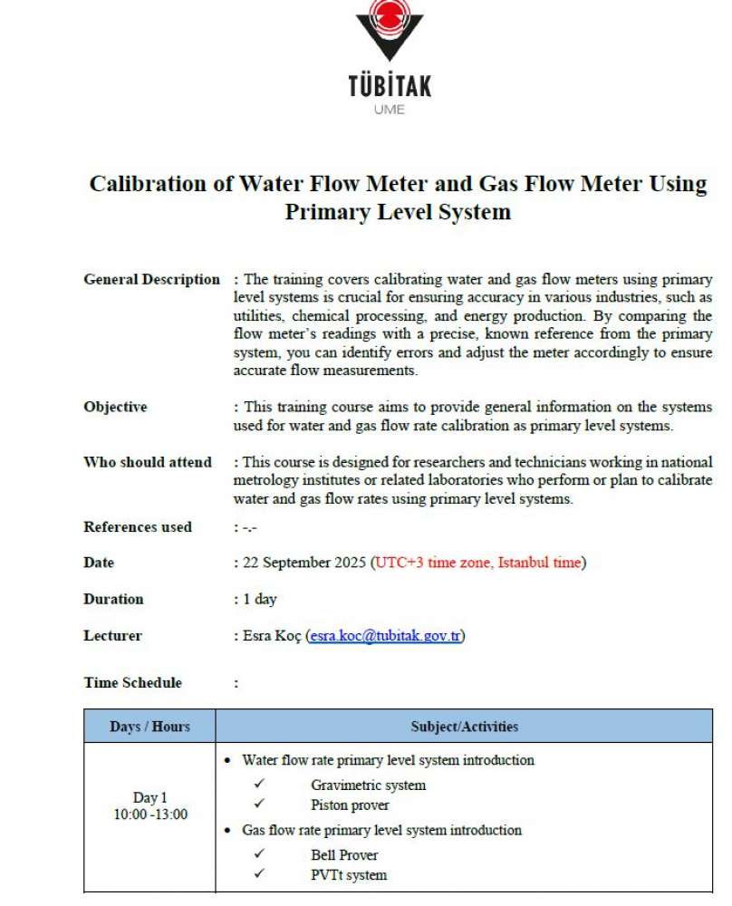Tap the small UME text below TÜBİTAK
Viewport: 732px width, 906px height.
click(390, 111)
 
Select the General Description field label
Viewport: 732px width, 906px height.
click(151, 280)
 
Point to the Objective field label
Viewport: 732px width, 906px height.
click(115, 408)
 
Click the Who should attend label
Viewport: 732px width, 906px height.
click(148, 462)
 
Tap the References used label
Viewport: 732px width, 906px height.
click(138, 526)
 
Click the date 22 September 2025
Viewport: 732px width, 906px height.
click(304, 563)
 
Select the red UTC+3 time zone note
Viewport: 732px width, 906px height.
click(478, 563)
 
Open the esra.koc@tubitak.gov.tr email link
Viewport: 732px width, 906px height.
click(386, 636)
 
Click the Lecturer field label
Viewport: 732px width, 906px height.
click(112, 636)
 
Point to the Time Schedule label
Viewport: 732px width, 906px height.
click(132, 683)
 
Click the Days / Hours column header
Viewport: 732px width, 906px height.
click(149, 727)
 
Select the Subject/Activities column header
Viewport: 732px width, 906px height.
click(464, 727)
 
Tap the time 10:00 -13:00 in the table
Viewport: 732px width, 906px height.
click(150, 814)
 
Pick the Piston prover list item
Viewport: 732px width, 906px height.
click(350, 805)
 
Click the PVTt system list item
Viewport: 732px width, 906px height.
click(348, 875)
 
